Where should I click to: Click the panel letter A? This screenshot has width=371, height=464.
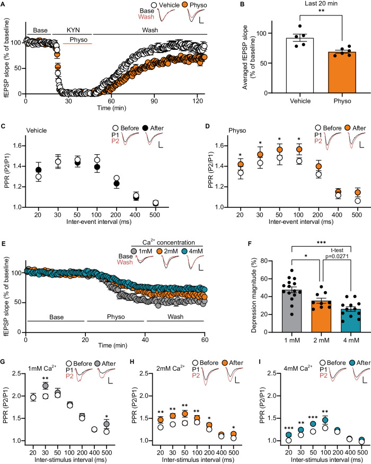point(4,5)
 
